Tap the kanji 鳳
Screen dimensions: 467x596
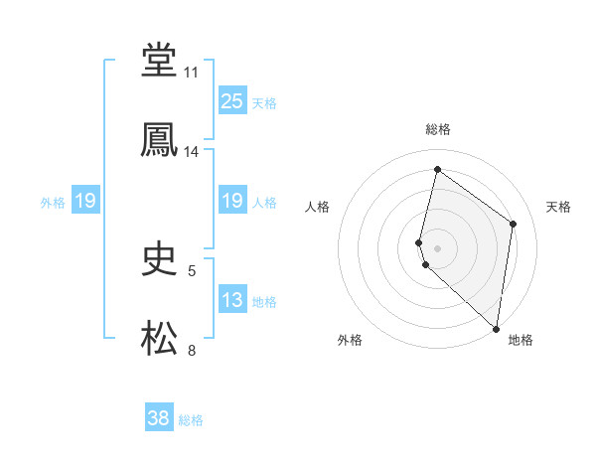pos(159,139)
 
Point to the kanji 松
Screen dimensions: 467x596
pos(159,338)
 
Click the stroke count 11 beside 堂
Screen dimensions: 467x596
pos(192,73)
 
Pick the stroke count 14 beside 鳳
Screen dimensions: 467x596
pos(192,152)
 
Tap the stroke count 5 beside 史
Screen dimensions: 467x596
pos(192,270)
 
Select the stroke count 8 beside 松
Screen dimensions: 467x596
pos(192,350)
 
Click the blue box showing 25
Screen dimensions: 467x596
pos(232,101)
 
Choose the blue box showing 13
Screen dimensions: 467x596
pos(232,300)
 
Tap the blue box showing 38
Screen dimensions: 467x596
pos(159,418)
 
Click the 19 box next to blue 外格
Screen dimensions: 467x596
pos(85,202)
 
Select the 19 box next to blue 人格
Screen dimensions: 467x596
pos(232,202)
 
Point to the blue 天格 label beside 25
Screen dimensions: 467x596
pos(264,103)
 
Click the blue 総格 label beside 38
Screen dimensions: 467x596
pos(191,420)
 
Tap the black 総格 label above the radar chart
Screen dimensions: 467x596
pos(437,129)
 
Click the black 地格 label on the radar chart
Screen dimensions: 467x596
pos(521,340)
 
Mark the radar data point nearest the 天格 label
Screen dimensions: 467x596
pos(514,224)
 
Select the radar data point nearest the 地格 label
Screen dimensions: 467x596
pos(496,329)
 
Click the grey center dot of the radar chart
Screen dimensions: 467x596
pos(437,246)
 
